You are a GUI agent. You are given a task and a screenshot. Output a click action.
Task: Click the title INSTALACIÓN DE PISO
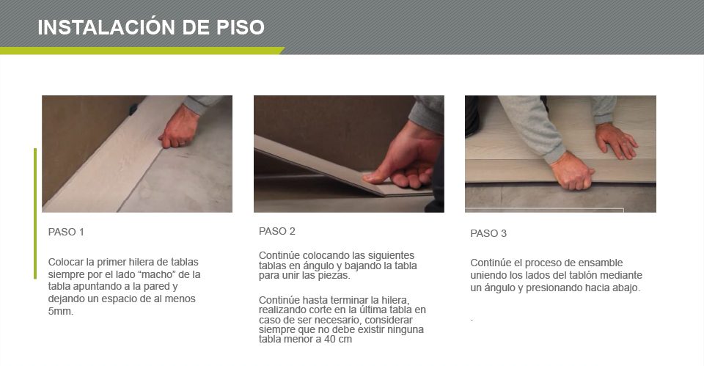[x=151, y=27]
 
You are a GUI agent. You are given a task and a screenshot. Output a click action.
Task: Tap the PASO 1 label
[x=66, y=233]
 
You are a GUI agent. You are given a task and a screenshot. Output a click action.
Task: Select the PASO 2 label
[x=277, y=231]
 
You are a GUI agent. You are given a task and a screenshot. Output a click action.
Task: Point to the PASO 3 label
[x=488, y=233]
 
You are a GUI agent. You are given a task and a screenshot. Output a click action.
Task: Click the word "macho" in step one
[x=157, y=274]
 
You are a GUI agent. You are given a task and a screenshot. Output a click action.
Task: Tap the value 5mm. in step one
[x=61, y=311]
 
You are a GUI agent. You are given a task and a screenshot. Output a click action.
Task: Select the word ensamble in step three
[x=601, y=263]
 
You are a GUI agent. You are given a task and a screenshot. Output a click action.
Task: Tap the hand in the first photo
[x=180, y=127]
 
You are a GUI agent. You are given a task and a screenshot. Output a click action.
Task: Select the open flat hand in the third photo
[x=615, y=140]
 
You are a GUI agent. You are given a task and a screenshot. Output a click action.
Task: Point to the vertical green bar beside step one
[x=35, y=213]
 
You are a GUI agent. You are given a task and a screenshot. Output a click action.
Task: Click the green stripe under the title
[x=142, y=51]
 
